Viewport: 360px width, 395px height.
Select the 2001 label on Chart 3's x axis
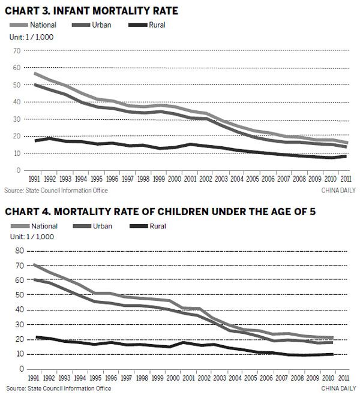[188, 179]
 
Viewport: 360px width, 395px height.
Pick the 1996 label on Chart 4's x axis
[110, 378]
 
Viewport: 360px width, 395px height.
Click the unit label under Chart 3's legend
[31, 37]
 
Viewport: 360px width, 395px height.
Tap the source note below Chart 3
[56, 191]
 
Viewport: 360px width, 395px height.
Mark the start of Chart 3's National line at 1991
[35, 73]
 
